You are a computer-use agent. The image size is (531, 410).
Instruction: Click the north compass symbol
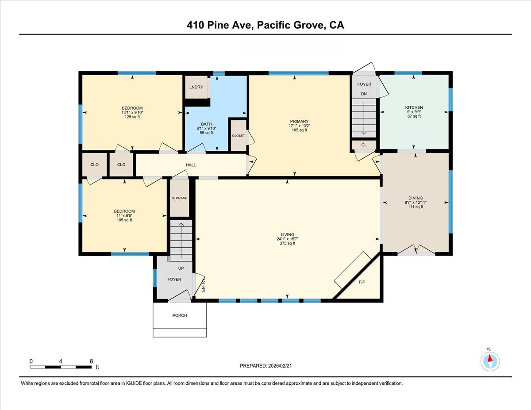[x=490, y=361]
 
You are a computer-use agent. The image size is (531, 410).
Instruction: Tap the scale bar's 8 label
[x=91, y=361]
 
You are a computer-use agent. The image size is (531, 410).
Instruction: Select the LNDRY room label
[x=196, y=87]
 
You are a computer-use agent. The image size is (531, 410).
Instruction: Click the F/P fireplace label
[x=362, y=282]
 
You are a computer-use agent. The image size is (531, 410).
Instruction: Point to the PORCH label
[x=180, y=315]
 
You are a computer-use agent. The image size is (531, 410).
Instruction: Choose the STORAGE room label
[x=180, y=198]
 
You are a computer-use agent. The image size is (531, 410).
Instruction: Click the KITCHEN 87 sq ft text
[x=414, y=116]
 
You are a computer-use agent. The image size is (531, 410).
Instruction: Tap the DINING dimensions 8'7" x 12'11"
[x=416, y=203]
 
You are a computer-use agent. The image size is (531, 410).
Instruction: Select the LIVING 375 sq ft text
[x=288, y=243]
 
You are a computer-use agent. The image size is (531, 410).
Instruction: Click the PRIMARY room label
[x=299, y=121]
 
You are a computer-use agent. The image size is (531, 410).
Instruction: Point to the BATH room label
[x=206, y=124]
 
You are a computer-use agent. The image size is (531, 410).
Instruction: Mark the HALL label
[x=191, y=165]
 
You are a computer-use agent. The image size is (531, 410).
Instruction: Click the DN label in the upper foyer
[x=364, y=94]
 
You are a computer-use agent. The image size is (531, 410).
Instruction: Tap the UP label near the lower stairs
[x=181, y=268]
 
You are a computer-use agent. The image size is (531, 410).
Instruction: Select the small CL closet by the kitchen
[x=364, y=145]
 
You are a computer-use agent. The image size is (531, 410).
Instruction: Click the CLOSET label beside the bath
[x=239, y=136]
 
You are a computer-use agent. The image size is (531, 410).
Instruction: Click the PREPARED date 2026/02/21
[x=282, y=366]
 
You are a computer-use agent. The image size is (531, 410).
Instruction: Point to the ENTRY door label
[x=203, y=284]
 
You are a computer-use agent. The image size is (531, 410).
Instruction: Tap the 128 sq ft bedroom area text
[x=132, y=117]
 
